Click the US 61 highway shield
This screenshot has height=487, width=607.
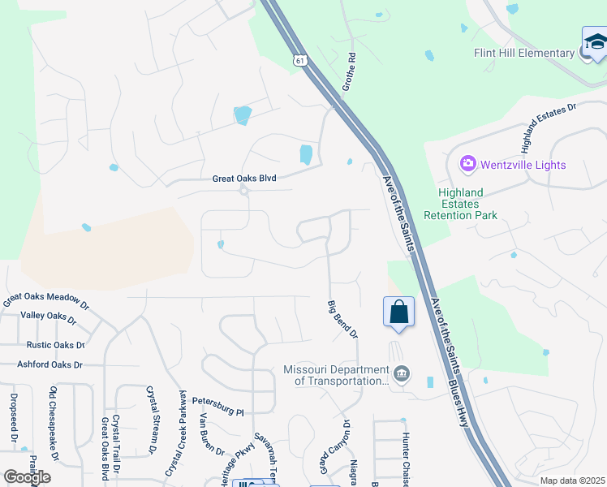[301, 61]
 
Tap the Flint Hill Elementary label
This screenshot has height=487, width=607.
[524, 54]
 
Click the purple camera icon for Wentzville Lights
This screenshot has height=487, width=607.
[467, 165]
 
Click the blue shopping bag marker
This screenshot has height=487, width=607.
[398, 312]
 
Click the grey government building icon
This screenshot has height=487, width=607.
[401, 374]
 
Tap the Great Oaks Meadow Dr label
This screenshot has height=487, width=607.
[45, 300]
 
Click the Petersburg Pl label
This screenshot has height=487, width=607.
[218, 406]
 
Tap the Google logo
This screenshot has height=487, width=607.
[27, 477]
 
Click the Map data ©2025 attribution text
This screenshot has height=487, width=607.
[573, 481]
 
